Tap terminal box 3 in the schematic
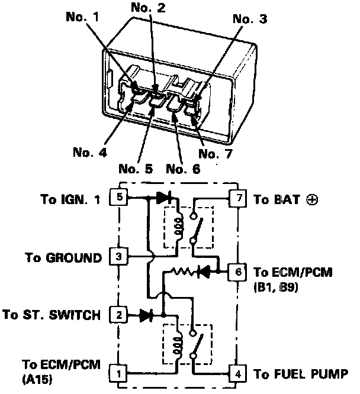119,257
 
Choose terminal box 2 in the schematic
119,315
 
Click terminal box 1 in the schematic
119,373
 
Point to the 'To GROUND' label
63,258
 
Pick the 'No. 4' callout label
89,151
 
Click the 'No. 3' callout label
250,20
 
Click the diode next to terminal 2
146,315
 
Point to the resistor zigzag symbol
181,272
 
